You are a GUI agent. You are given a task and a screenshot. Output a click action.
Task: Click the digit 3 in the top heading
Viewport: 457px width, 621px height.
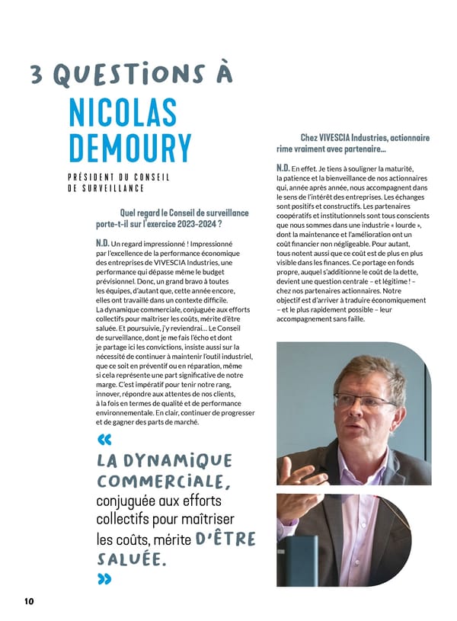[x=37, y=75]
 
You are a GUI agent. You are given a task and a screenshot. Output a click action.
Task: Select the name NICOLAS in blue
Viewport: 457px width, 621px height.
[x=123, y=112]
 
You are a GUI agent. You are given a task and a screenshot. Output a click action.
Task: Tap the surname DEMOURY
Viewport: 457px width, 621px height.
[x=129, y=149]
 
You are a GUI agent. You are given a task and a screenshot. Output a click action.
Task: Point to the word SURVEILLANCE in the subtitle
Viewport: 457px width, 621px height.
[x=113, y=188]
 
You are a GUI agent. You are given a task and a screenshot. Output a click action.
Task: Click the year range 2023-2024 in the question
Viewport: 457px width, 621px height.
[x=195, y=225]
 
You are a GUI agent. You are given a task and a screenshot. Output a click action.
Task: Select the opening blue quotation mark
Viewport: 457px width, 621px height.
[x=104, y=439]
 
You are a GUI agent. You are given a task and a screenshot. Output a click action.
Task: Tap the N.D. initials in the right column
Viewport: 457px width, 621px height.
[x=283, y=168]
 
